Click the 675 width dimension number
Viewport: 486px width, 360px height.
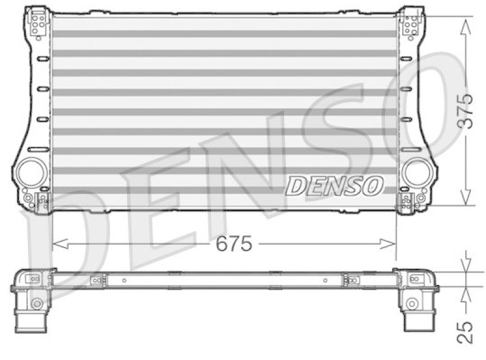[x=235, y=244]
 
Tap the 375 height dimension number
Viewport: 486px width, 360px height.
[x=465, y=111]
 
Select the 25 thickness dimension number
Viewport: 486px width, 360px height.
[x=465, y=331]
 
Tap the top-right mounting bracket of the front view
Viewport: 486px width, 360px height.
[x=411, y=24]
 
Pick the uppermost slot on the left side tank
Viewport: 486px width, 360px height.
[x=43, y=59]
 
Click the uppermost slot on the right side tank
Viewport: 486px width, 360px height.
[x=404, y=59]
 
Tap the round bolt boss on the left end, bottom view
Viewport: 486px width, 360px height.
[x=36, y=303]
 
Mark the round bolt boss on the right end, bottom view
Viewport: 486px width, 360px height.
[x=413, y=303]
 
